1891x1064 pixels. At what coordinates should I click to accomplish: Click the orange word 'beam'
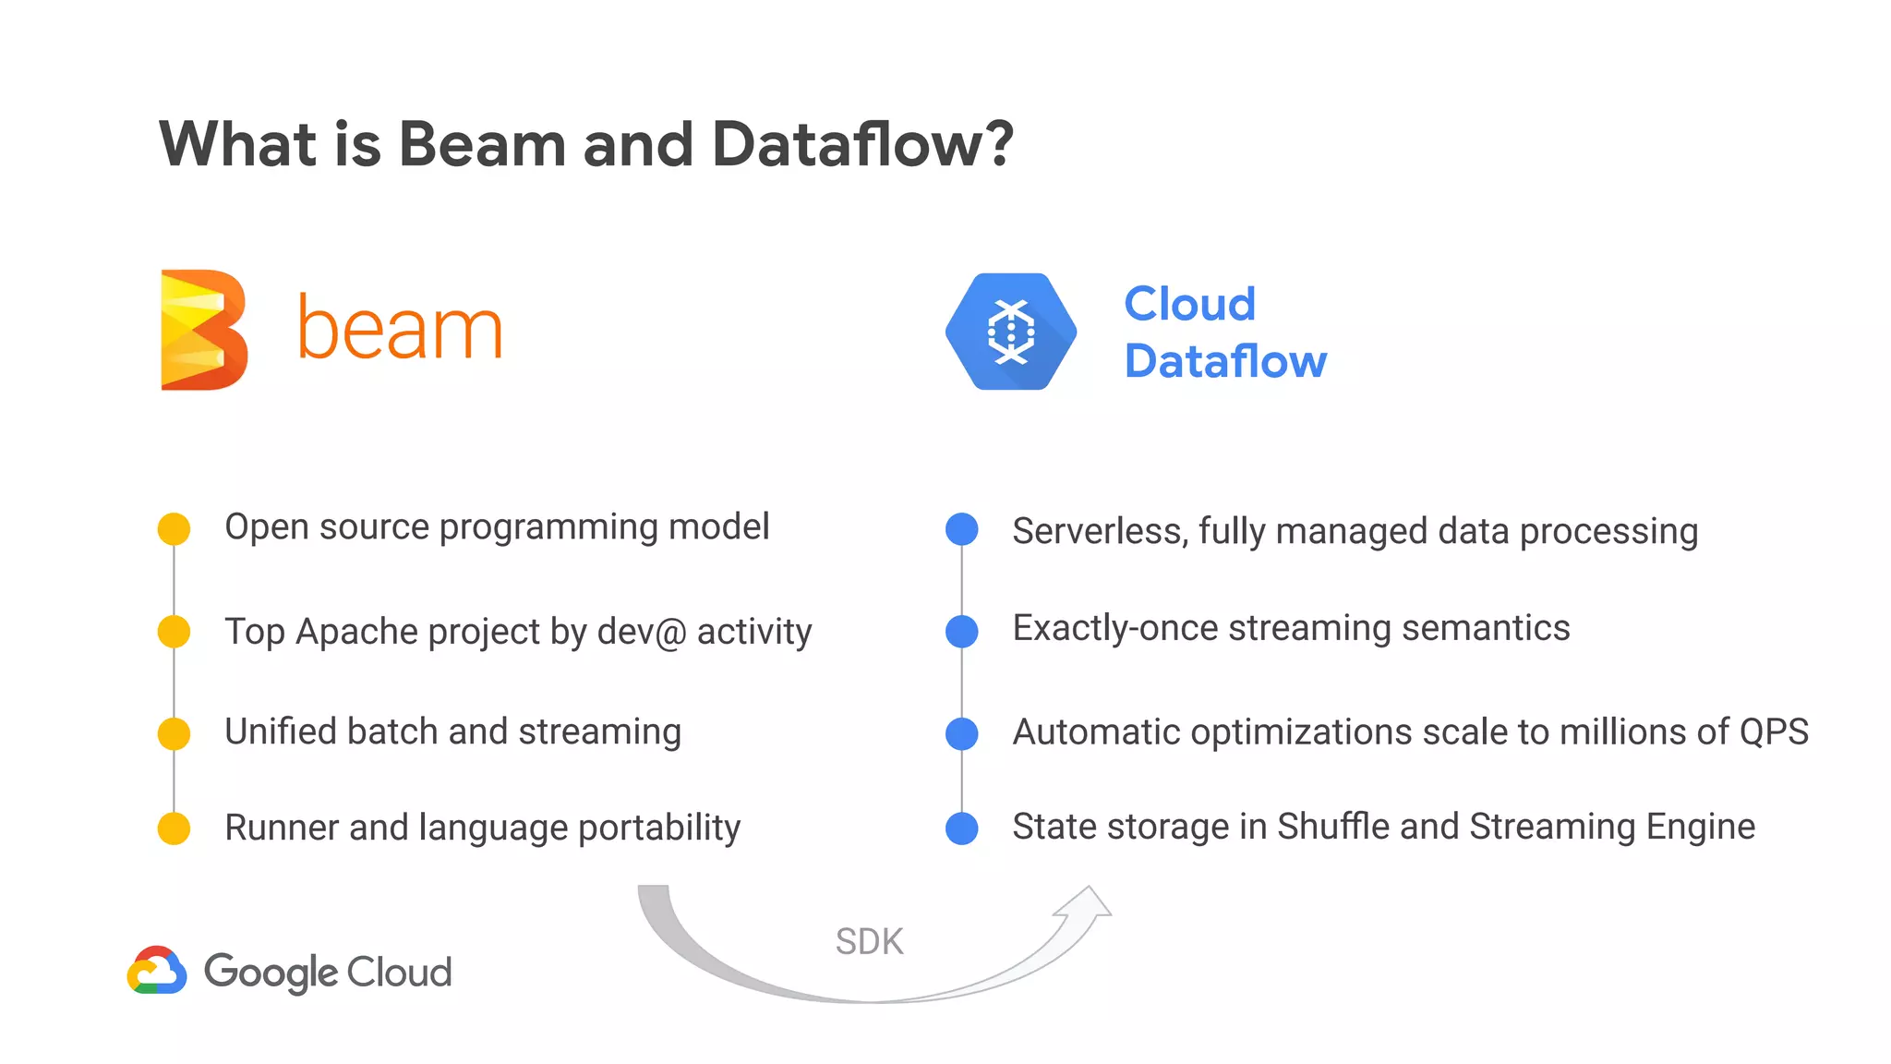tap(399, 329)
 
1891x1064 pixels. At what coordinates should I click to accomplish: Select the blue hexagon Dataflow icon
tap(1011, 332)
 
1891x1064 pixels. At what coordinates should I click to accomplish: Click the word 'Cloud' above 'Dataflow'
tap(1189, 304)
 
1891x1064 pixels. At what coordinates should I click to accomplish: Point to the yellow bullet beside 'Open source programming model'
tap(174, 529)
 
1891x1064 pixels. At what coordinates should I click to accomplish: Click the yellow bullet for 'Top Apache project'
tap(174, 632)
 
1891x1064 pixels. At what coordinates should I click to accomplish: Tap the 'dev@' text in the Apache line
tap(641, 632)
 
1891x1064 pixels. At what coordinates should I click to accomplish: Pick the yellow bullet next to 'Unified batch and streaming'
tap(174, 733)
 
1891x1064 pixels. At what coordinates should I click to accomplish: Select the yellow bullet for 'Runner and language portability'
tap(174, 828)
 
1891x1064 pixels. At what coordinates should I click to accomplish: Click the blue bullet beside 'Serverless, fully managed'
tap(962, 529)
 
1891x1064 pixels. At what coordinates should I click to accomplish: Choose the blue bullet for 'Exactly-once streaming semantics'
tap(962, 632)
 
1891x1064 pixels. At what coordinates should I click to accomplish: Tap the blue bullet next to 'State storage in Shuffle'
tap(962, 828)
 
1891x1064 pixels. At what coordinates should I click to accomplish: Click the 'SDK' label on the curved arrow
tap(869, 942)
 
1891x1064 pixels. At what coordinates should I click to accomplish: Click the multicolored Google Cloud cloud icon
tap(157, 971)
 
